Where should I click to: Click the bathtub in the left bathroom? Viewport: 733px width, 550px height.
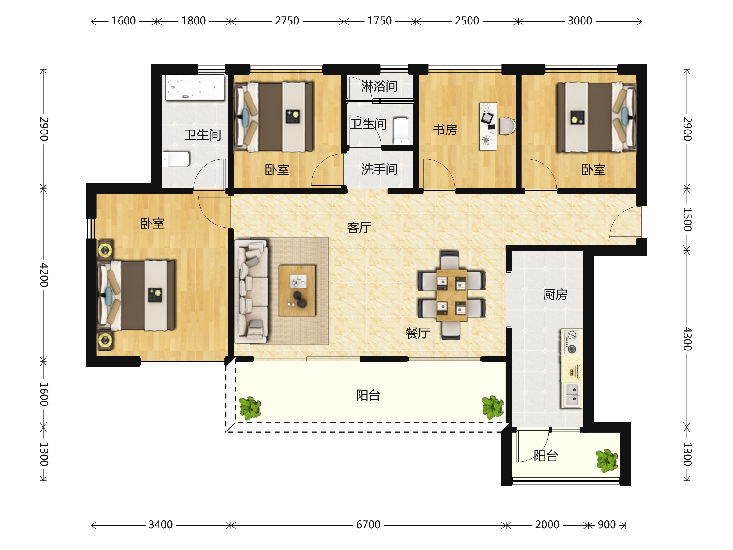[x=195, y=87]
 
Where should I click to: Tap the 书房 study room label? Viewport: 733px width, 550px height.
[x=445, y=130]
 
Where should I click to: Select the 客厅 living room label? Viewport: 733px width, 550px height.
[x=359, y=228]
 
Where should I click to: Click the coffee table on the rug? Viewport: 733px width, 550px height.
[x=297, y=290]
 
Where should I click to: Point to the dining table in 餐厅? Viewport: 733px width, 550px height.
[x=452, y=295]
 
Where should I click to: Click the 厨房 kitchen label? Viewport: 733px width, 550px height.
[x=555, y=294]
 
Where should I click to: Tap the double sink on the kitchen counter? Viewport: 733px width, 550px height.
[x=572, y=395]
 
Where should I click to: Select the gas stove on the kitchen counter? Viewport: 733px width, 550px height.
[x=572, y=342]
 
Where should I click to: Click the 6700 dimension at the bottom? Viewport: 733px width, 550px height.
[x=368, y=525]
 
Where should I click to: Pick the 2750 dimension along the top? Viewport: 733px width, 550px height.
[x=287, y=21]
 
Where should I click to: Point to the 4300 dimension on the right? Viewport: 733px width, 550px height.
[x=687, y=339]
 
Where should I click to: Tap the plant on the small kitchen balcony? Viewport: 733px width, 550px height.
[x=607, y=460]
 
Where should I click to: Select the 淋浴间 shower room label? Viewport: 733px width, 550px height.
[x=379, y=86]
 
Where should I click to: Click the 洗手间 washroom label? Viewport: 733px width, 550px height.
[x=379, y=169]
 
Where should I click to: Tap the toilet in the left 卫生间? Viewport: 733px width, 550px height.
[x=176, y=159]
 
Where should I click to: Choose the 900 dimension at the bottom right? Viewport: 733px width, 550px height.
[x=607, y=525]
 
